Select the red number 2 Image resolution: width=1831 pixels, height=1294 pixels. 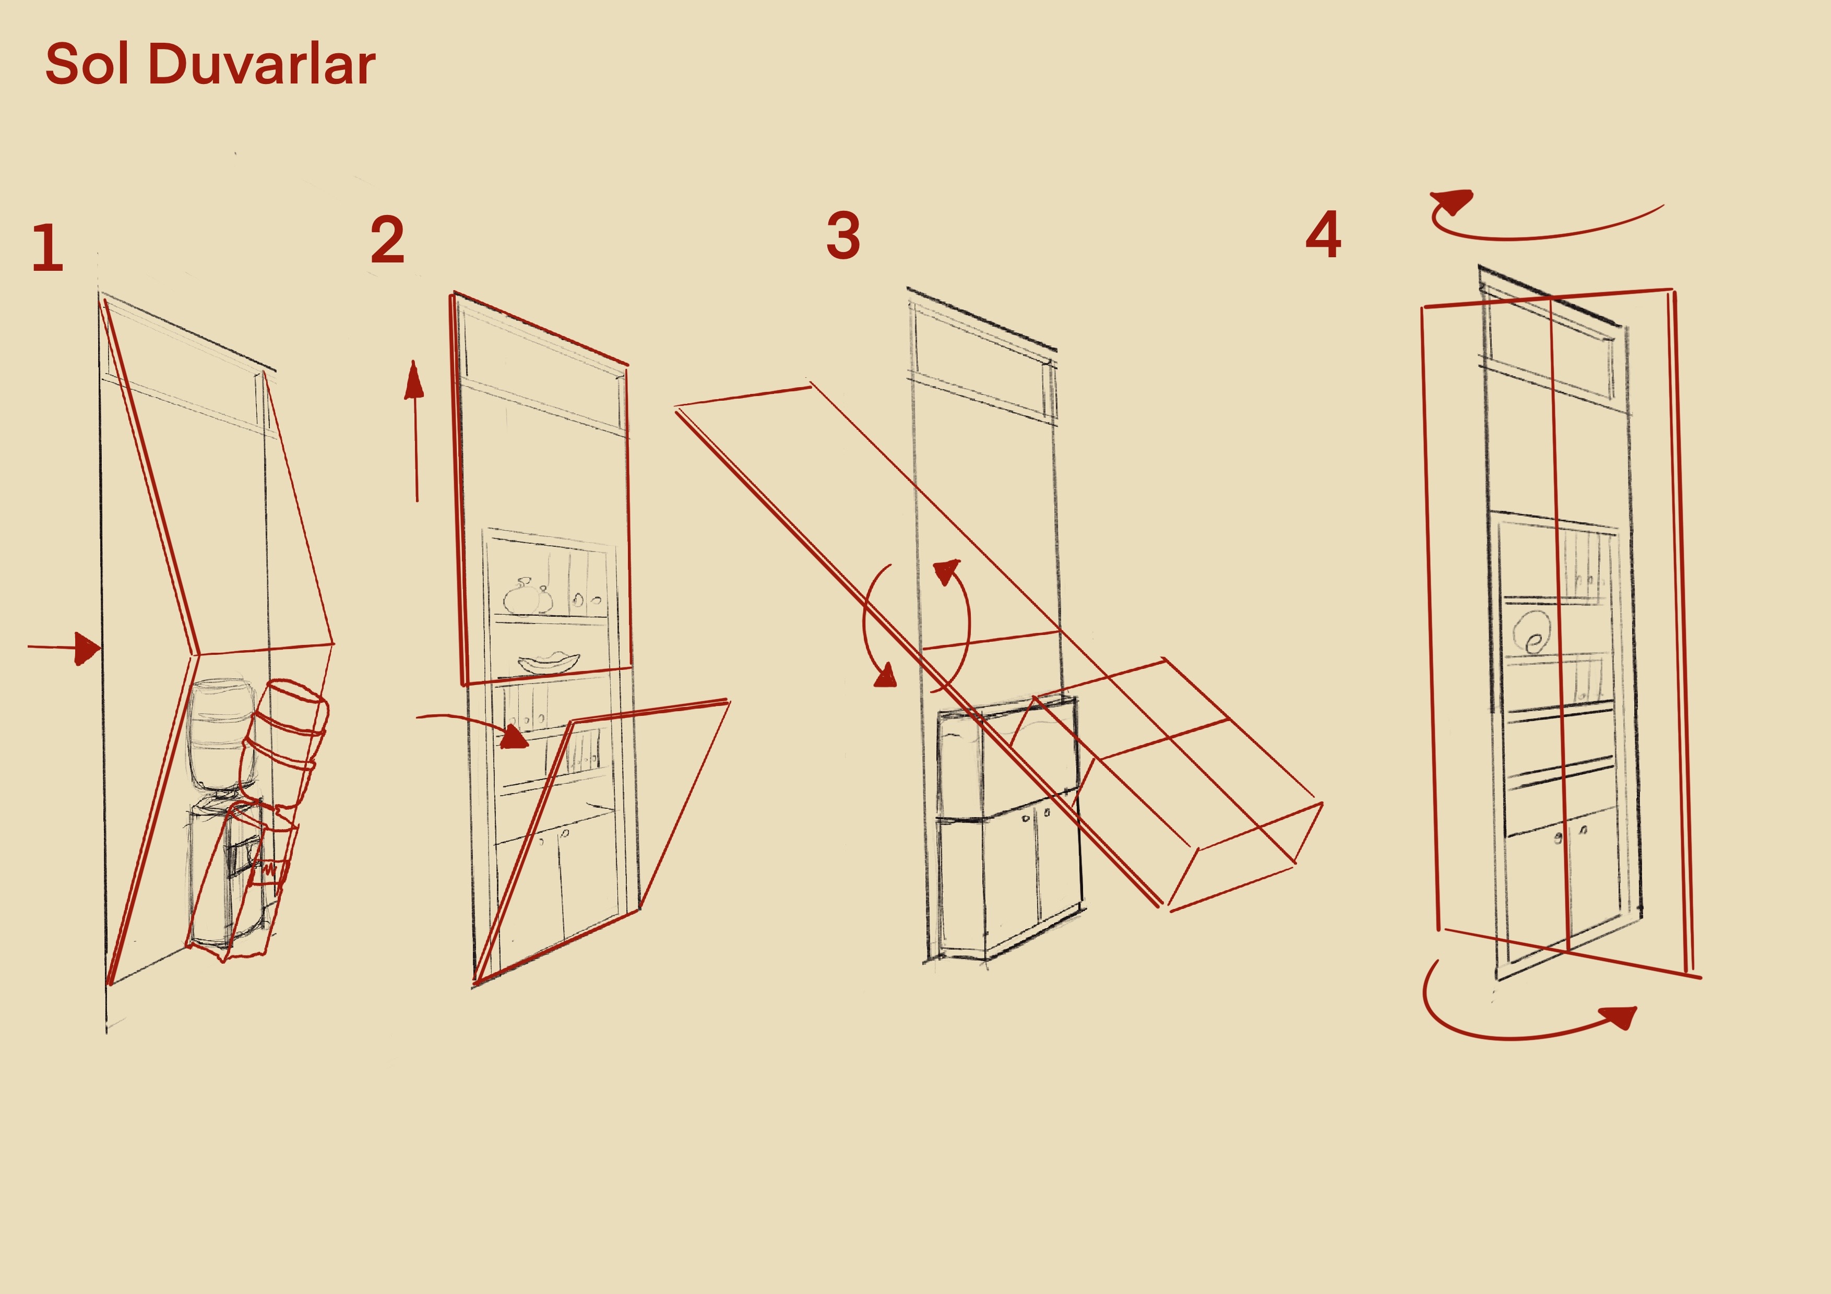click(x=388, y=240)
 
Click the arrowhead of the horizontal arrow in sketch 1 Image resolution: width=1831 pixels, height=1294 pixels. click(x=88, y=648)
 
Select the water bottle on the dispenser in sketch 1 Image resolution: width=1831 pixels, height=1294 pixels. click(x=221, y=735)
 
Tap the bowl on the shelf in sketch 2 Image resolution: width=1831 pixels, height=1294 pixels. click(x=549, y=663)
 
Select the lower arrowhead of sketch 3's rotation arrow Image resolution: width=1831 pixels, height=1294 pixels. click(x=886, y=675)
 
